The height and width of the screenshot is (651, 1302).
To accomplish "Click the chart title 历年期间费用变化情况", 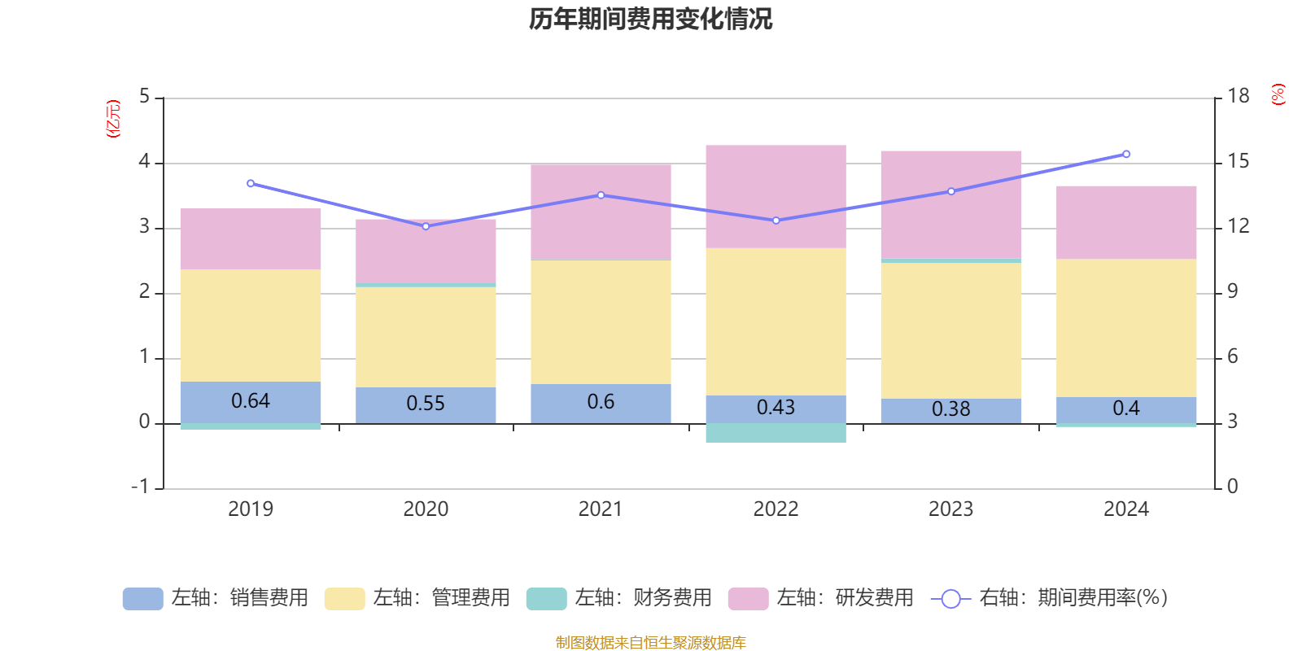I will (x=650, y=19).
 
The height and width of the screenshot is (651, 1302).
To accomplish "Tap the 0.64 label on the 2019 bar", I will (x=250, y=401).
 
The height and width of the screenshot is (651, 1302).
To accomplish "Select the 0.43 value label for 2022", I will (x=776, y=408).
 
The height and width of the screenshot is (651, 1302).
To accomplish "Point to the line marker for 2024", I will (x=1126, y=154).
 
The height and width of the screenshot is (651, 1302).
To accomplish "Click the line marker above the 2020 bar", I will (x=426, y=226).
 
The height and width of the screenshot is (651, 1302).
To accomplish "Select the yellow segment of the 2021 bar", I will (x=601, y=321).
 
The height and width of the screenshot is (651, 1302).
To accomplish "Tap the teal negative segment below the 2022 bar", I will (x=776, y=433).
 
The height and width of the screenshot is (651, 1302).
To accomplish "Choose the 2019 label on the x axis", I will (x=250, y=509).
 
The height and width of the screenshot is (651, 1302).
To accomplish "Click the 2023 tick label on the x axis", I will (x=950, y=509).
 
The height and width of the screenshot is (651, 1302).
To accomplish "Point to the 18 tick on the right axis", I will (x=1238, y=96).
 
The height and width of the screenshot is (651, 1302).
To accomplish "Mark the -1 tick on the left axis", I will (x=141, y=487).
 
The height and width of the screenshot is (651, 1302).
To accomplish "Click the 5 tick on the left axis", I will (x=145, y=96).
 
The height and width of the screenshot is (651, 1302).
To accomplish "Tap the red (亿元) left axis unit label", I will (x=113, y=119).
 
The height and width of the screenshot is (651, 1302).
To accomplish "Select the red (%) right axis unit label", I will (x=1278, y=94).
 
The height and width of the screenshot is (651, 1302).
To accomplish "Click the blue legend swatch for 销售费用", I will (x=142, y=599).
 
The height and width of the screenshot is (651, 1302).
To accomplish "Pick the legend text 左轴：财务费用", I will (x=643, y=598).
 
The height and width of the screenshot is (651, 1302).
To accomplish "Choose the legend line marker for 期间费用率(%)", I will (x=950, y=599).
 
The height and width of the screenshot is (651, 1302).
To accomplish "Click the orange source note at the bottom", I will (x=650, y=643).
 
